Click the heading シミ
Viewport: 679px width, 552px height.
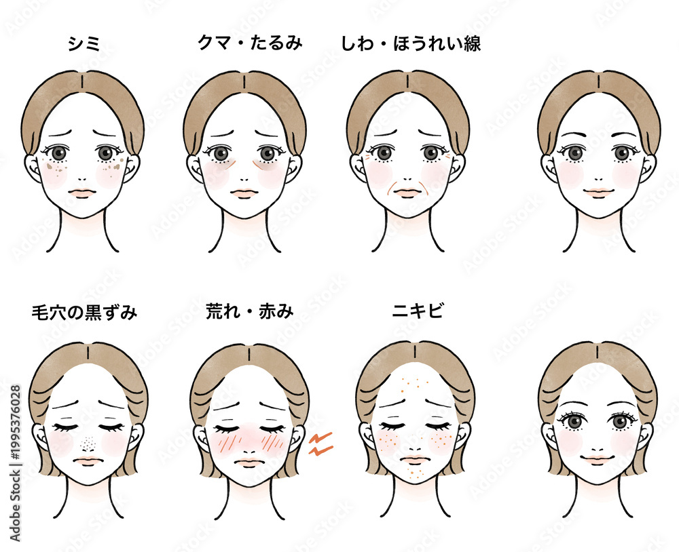pos(84,43)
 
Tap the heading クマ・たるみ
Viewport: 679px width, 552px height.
pos(249,43)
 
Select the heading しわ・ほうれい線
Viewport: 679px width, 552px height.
pos(411,43)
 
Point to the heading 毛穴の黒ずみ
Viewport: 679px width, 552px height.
pos(84,313)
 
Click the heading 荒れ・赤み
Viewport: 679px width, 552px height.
pos(249,311)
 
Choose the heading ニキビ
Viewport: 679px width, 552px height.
pos(418,311)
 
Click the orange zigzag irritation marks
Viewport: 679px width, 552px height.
pos(320,443)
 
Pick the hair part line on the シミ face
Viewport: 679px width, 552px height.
pos(82,81)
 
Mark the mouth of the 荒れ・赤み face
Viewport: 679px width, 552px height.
pos(248,462)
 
